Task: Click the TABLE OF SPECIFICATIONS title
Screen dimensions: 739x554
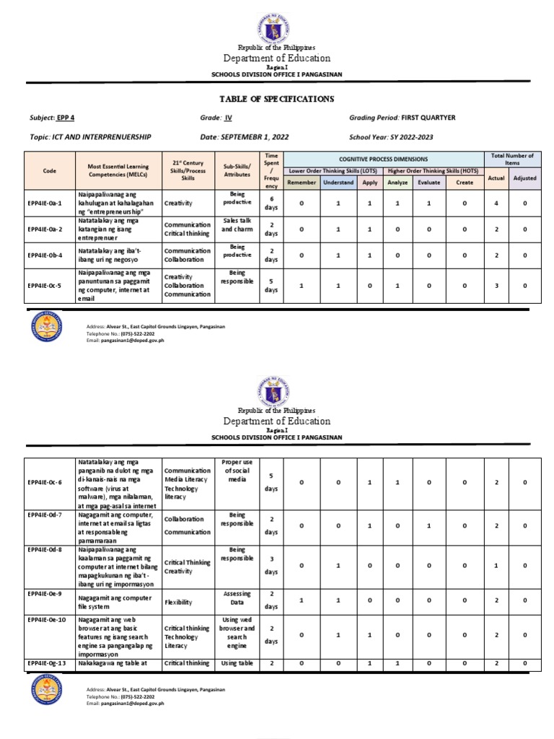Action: (277, 99)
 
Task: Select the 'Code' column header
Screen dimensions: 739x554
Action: (49, 170)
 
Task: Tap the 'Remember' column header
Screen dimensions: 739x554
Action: (302, 183)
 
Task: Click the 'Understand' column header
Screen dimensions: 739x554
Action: (338, 183)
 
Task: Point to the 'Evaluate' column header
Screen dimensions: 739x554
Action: (429, 183)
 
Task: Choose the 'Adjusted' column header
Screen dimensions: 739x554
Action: (524, 178)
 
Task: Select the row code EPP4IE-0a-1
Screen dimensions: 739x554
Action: (45, 204)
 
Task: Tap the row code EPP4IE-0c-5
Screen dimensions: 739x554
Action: (45, 287)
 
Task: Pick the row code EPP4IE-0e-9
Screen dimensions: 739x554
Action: (45, 593)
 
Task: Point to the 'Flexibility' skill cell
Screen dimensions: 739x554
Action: (179, 600)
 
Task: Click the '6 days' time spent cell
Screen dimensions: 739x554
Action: (271, 204)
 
